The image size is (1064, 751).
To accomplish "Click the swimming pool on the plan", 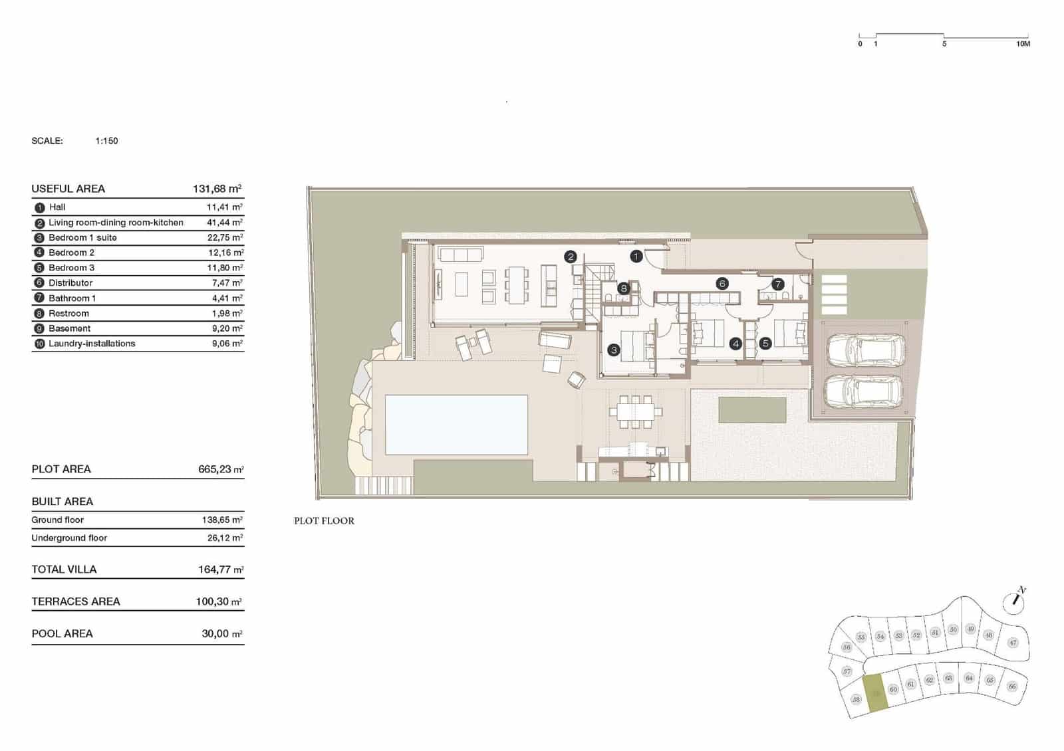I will click(456, 424).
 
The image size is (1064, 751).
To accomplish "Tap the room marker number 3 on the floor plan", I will click(614, 350).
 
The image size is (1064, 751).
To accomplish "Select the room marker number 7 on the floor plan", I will click(778, 284).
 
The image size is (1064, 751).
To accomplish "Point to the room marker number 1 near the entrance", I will click(636, 256).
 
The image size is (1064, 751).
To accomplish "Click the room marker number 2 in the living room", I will click(570, 257).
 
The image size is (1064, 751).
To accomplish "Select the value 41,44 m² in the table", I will click(225, 223).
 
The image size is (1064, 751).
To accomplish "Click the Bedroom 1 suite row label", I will click(82, 237).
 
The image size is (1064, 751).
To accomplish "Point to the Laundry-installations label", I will click(92, 344).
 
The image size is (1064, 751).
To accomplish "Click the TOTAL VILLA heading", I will click(64, 570).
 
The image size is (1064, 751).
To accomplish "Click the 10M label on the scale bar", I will click(1023, 44).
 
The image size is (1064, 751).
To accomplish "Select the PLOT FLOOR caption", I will click(324, 521).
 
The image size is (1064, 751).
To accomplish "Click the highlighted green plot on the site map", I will click(875, 695).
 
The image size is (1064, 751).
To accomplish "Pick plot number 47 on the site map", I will click(1013, 643).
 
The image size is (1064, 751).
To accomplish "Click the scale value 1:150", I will click(106, 141).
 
